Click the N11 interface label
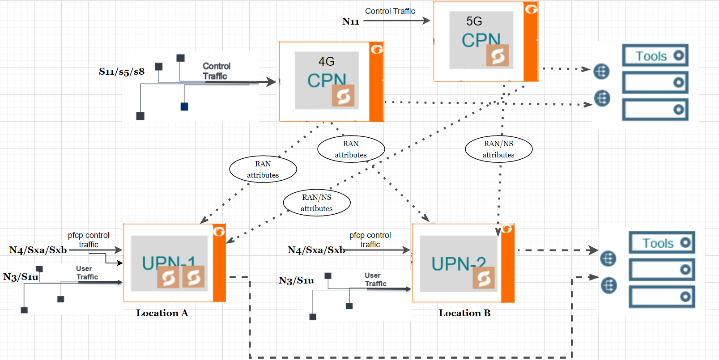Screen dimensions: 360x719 351,21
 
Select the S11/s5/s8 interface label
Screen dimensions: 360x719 122,72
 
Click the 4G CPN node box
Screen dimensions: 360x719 331,81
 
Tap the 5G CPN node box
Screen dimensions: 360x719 485,42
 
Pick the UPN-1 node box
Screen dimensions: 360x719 174,263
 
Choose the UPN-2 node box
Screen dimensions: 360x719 463,263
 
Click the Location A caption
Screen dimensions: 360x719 162,313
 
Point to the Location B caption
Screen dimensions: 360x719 464,313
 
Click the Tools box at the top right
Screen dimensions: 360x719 655,55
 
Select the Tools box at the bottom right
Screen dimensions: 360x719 662,243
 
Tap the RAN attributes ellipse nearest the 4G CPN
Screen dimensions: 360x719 351,149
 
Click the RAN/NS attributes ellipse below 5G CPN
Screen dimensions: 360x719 498,149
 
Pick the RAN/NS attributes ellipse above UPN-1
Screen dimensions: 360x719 316,203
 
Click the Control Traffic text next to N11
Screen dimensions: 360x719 390,11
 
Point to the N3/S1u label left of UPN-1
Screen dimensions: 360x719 21,277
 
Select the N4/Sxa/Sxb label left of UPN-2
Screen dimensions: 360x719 316,250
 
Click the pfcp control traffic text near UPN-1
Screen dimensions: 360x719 89,240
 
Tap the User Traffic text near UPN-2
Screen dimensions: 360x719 375,280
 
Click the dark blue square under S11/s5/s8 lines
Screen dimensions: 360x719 184,106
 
